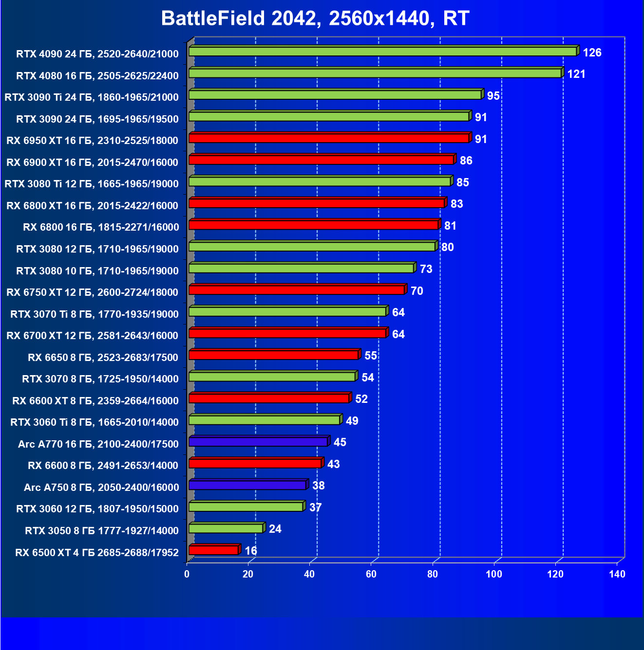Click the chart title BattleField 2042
pyautogui.click(x=315, y=18)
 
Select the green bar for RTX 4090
pyautogui.click(x=382, y=52)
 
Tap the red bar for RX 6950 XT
pyautogui.click(x=329, y=138)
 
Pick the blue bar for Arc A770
pyautogui.click(x=258, y=442)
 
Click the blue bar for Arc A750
pyautogui.click(x=247, y=485)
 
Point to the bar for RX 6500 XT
pyautogui.click(x=213, y=550)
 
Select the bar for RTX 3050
pyautogui.click(x=226, y=528)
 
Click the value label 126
pyautogui.click(x=592, y=53)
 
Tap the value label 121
pyautogui.click(x=576, y=74)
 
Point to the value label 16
pyautogui.click(x=251, y=551)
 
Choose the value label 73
pyautogui.click(x=426, y=269)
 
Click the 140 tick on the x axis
pyautogui.click(x=617, y=574)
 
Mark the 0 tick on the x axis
pyautogui.click(x=187, y=574)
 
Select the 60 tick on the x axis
pyautogui.click(x=371, y=574)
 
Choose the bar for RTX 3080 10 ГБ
pyautogui.click(x=301, y=268)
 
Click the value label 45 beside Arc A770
pyautogui.click(x=340, y=442)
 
